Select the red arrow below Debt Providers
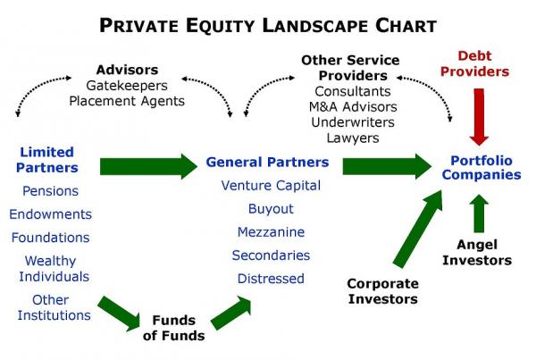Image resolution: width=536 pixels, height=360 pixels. (480, 119)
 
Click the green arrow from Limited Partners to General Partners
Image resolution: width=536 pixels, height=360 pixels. (147, 165)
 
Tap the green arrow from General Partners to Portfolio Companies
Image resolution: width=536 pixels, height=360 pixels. (386, 165)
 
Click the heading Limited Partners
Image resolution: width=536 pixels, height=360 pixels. (46, 160)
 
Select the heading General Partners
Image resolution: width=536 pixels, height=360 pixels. (267, 163)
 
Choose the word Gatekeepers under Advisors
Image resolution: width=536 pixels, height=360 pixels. (127, 85)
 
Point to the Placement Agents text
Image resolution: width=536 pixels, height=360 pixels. (127, 101)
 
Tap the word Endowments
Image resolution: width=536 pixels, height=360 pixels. (51, 214)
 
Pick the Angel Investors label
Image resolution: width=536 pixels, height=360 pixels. (483, 253)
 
